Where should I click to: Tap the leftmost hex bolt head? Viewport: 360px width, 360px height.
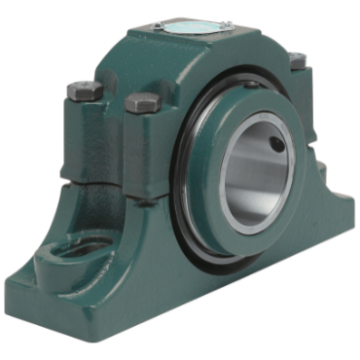coord(85,90)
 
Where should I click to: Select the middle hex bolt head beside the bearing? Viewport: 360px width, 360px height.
coord(142,100)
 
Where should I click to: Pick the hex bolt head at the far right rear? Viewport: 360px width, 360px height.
coord(297,60)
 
